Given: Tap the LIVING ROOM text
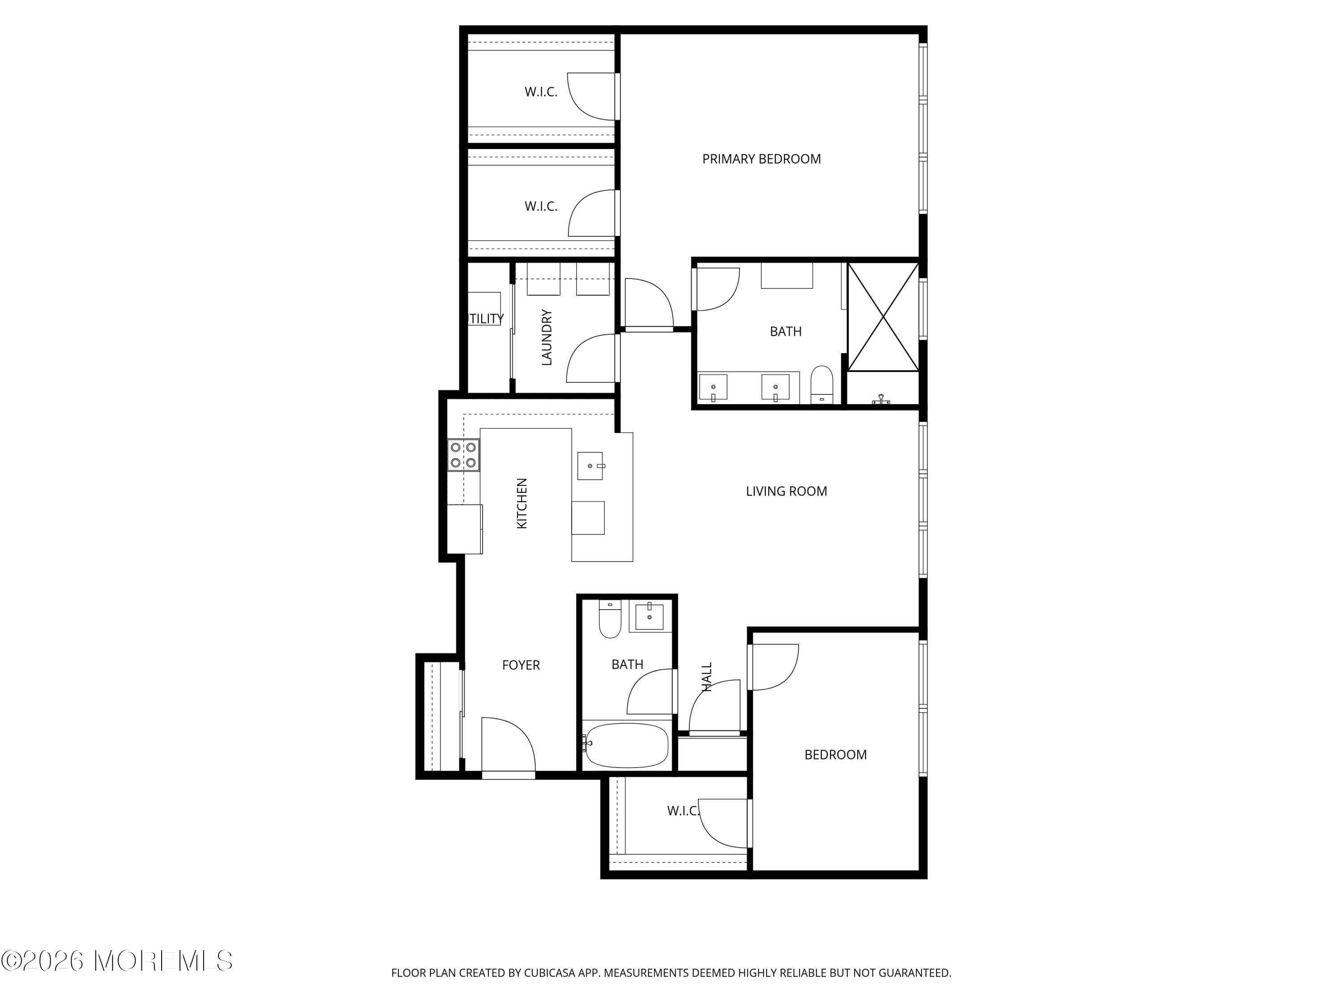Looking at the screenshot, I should pyautogui.click(x=786, y=491).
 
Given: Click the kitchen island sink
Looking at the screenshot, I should pyautogui.click(x=590, y=465).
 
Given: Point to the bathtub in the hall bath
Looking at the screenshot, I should pyautogui.click(x=626, y=745).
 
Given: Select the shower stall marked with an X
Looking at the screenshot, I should pyautogui.click(x=883, y=316).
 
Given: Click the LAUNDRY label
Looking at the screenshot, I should pyautogui.click(x=547, y=337).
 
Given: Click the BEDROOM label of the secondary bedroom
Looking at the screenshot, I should pyautogui.click(x=835, y=755).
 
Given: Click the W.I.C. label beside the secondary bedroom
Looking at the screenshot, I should pyautogui.click(x=682, y=811).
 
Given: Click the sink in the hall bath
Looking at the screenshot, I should pyautogui.click(x=649, y=617).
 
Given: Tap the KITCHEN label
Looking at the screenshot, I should pyautogui.click(x=522, y=503).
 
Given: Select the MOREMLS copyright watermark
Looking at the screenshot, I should pyautogui.click(x=116, y=961).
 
